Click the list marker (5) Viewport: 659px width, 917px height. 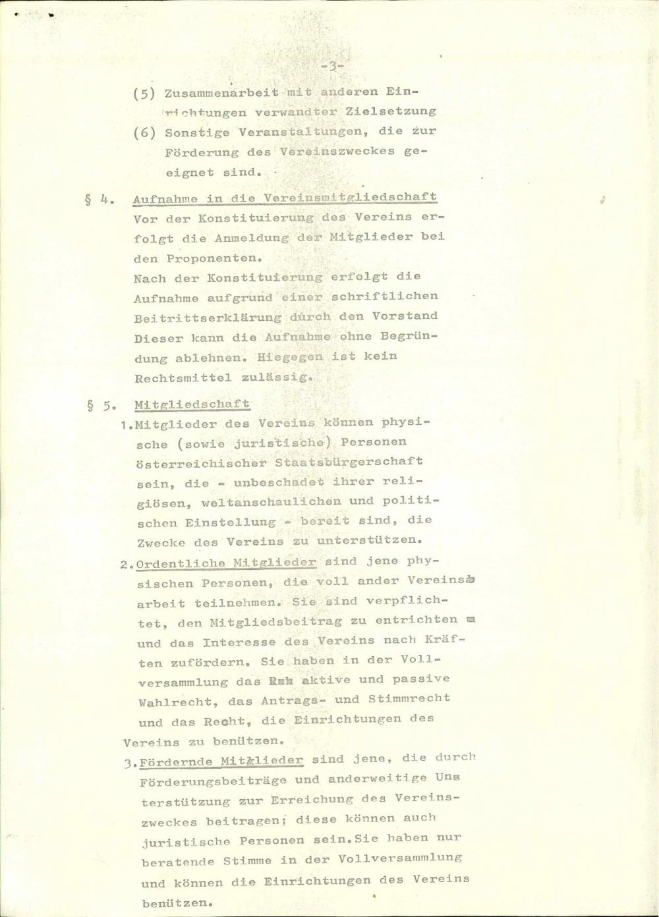coord(144,93)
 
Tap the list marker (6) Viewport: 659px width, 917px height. coord(144,132)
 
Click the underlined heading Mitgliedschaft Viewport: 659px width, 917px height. coord(192,404)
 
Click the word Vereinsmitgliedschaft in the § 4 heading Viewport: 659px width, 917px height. coord(350,197)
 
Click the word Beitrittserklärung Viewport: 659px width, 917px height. coord(207,318)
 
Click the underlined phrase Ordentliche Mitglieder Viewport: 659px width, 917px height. coord(227,563)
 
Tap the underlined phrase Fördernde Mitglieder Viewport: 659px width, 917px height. coord(221,761)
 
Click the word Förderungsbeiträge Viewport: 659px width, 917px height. coord(213,781)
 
